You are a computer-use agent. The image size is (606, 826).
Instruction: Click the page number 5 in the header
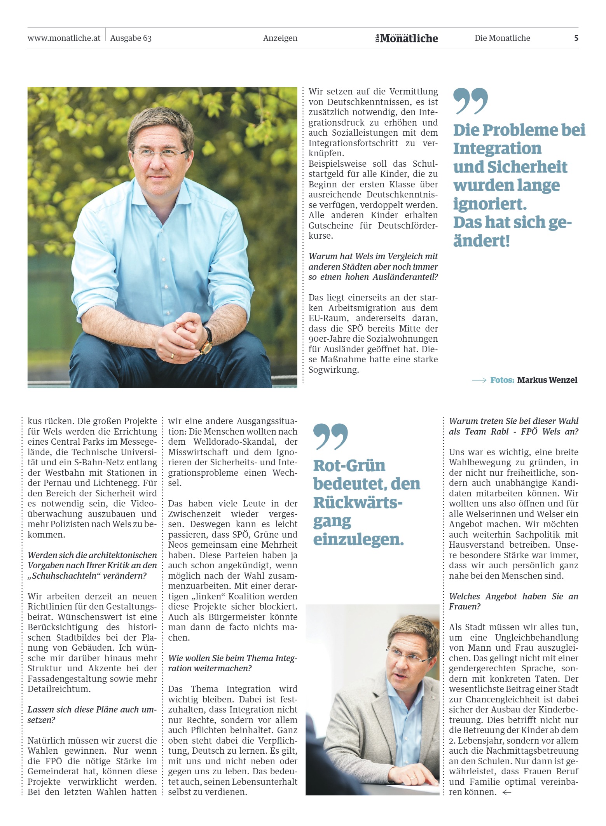point(576,38)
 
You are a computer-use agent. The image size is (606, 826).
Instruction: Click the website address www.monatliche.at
point(64,38)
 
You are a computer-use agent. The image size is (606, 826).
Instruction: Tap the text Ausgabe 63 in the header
point(131,38)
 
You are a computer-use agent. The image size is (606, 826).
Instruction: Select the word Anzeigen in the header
point(280,38)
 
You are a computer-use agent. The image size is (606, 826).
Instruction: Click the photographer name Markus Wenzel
point(547,380)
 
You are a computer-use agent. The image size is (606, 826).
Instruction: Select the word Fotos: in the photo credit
point(502,380)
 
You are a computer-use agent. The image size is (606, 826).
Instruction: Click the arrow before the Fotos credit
point(479,380)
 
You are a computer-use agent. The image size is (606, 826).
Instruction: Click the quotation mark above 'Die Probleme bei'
point(471,101)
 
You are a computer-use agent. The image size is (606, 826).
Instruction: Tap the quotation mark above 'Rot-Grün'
point(330,437)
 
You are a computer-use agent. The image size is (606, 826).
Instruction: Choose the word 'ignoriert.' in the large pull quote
point(490,204)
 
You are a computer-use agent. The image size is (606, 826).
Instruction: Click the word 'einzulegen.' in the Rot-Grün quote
point(358,540)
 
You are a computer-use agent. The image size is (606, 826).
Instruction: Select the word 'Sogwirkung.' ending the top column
point(334,370)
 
